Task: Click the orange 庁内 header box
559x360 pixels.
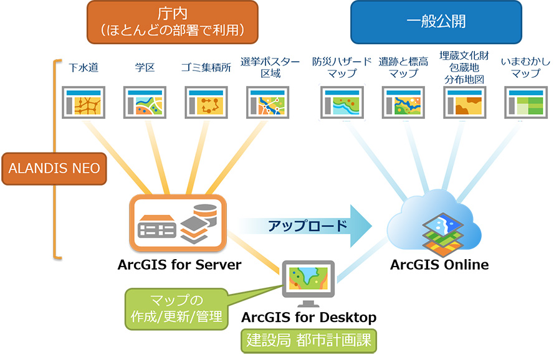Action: [172, 22]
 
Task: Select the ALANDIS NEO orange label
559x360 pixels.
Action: [54, 168]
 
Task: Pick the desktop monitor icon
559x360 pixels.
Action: [308, 282]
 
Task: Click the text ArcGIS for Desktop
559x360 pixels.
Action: [308, 318]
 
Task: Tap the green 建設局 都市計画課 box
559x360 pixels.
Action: [308, 341]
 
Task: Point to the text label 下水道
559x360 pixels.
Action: [84, 67]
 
